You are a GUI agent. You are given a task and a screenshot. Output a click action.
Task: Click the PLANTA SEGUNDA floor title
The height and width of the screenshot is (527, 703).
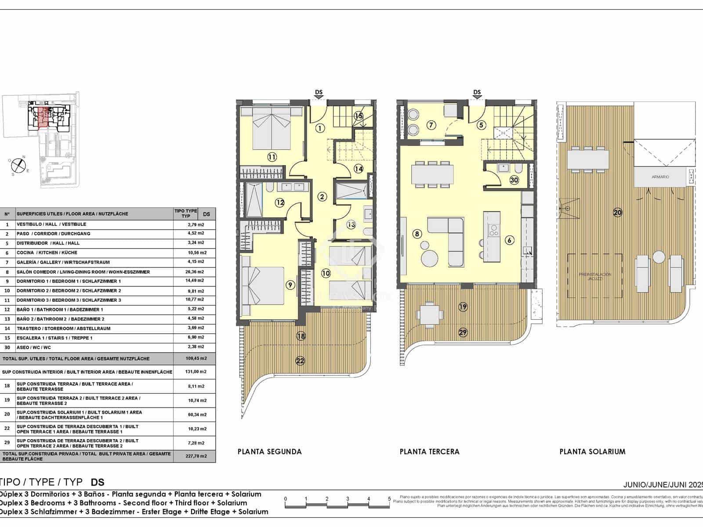click(269, 451)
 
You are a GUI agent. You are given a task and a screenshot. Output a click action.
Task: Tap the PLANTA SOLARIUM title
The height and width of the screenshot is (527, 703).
click(592, 451)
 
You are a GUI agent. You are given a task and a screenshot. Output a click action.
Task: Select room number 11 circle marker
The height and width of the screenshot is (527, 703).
click(272, 157)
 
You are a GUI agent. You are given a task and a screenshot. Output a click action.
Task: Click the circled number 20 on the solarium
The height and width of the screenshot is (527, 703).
click(617, 213)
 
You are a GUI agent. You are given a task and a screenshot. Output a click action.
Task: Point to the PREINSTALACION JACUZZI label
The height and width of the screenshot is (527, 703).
click(594, 276)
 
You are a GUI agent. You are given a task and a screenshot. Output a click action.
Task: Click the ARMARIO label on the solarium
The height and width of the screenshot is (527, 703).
click(660, 177)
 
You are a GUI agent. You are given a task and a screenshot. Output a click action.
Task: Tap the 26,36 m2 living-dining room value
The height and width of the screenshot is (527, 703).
click(195, 271)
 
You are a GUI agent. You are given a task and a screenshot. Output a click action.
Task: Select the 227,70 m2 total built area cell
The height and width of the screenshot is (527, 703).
click(195, 456)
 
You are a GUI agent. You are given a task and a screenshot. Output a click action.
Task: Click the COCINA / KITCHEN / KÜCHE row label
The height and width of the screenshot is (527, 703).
click(47, 253)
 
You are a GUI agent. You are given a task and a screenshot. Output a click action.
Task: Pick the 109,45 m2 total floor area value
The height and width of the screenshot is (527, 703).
click(195, 358)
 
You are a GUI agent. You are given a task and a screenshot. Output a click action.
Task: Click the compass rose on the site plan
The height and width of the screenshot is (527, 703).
click(18, 165)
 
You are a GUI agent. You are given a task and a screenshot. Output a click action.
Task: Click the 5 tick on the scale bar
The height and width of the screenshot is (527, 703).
click(389, 499)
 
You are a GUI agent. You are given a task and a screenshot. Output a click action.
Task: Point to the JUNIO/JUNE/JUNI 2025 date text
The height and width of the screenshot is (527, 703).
click(663, 485)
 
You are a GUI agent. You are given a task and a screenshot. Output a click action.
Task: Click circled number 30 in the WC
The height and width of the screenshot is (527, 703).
click(514, 180)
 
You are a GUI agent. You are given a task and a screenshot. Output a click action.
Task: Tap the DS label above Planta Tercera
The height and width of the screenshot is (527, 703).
click(477, 93)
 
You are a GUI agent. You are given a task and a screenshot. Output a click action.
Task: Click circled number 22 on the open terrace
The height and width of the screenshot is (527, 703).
click(300, 361)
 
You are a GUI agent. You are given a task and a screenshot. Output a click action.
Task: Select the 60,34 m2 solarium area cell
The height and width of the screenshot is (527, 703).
click(195, 415)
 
